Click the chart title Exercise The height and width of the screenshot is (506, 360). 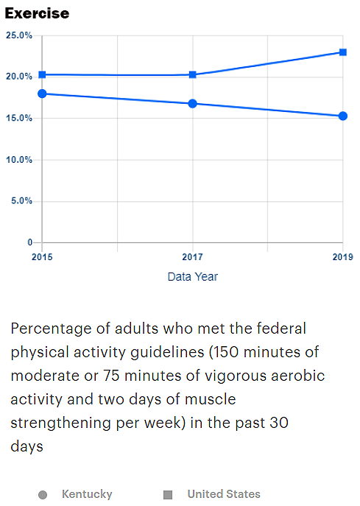click(37, 13)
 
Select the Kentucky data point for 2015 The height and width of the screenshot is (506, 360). click(42, 94)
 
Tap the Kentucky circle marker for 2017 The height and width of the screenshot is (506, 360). click(193, 104)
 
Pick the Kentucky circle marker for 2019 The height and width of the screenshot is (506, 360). click(343, 116)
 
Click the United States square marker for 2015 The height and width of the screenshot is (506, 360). click(42, 75)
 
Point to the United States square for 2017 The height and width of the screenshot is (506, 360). click(193, 75)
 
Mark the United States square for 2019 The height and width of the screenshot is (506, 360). click(343, 52)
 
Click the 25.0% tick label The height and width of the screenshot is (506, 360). click(19, 35)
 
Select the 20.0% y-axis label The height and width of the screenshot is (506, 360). click(19, 77)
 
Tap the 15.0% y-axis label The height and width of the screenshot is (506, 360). click(19, 118)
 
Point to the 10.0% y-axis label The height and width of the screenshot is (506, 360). click(19, 160)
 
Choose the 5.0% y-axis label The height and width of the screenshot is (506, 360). click(21, 201)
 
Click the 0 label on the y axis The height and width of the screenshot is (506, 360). click(30, 242)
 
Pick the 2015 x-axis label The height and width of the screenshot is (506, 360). click(42, 257)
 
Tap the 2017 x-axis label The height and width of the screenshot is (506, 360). click(193, 257)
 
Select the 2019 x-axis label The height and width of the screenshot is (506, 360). click(343, 257)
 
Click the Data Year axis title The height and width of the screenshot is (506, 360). click(193, 276)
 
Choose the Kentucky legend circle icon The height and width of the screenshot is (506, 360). click(43, 495)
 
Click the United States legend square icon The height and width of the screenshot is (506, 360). click(168, 495)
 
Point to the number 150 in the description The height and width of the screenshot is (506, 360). click(225, 352)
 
